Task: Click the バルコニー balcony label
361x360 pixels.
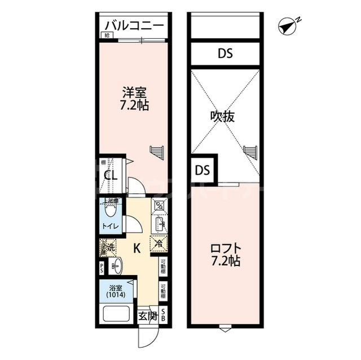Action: tap(134, 26)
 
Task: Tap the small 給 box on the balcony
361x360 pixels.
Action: tap(105, 35)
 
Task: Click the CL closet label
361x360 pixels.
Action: tap(111, 175)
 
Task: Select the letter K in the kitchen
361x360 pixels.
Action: tap(137, 247)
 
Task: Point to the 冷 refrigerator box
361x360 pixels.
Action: tap(157, 244)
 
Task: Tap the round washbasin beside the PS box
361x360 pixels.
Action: tap(117, 266)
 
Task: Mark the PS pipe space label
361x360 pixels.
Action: tap(102, 268)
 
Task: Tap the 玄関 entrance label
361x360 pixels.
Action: tap(148, 315)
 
